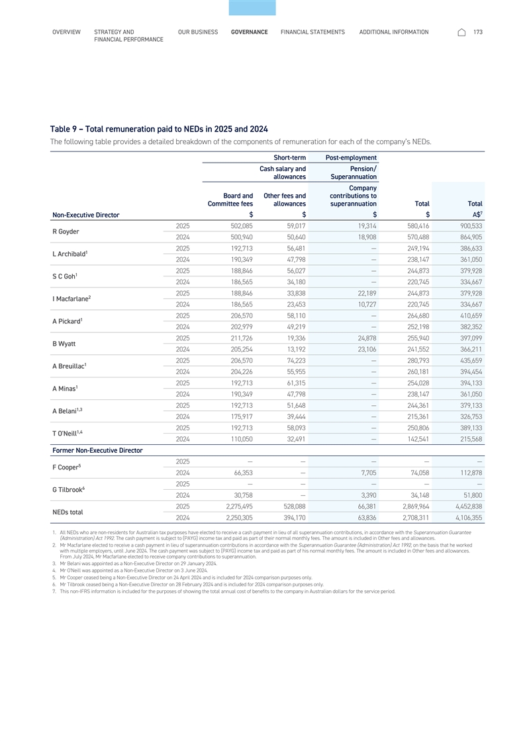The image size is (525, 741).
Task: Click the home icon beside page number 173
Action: pyautogui.click(x=461, y=32)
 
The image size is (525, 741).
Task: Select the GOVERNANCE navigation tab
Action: pyautogui.click(x=250, y=32)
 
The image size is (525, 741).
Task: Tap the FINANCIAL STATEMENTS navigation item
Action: pyautogui.click(x=312, y=32)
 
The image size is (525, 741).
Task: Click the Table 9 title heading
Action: pyautogui.click(x=159, y=128)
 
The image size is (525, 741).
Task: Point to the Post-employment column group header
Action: pyautogui.click(x=351, y=157)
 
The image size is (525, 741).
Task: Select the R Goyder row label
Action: pyautogui.click(x=65, y=233)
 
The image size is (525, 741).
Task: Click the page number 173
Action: pyautogui.click(x=478, y=32)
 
